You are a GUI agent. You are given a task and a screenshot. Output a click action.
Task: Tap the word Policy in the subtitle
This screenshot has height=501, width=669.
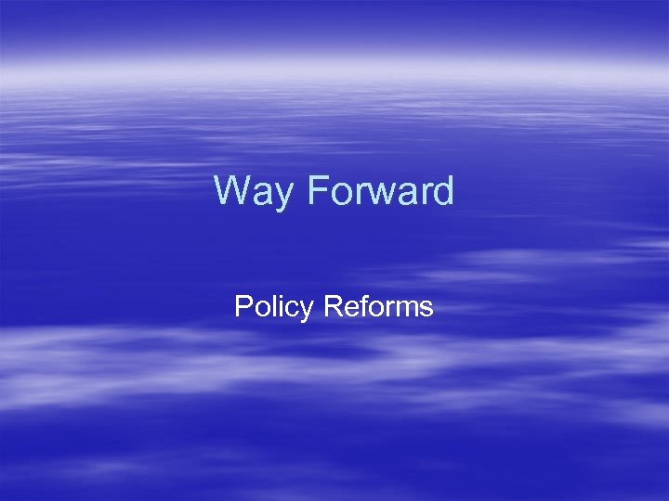(274, 307)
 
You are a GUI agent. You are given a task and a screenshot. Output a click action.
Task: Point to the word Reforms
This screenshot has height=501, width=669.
(378, 306)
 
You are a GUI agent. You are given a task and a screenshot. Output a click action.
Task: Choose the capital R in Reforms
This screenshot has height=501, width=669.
(332, 306)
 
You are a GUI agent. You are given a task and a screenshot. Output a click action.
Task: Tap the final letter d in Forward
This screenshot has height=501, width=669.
(443, 191)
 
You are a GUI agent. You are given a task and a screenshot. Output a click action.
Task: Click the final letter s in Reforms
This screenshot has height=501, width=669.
(426, 307)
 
